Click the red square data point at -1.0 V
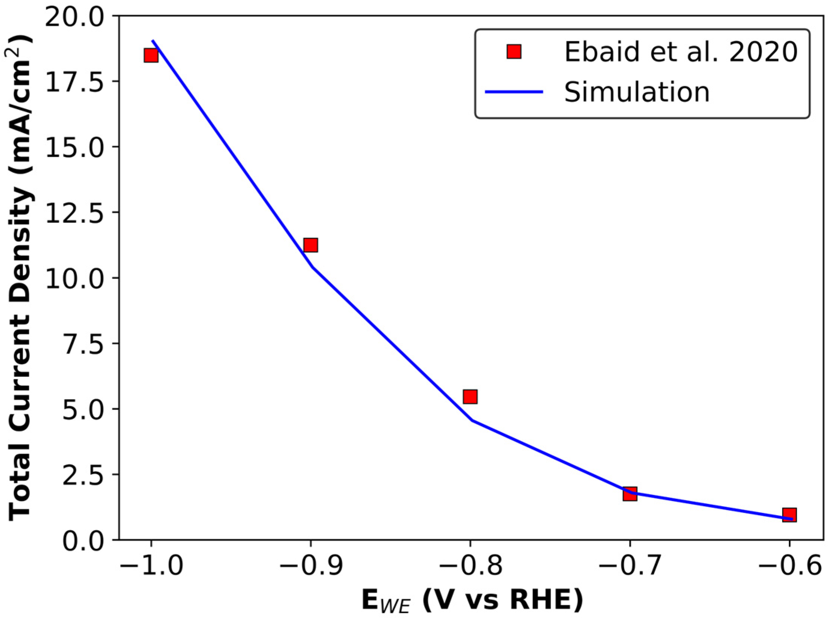(x=151, y=55)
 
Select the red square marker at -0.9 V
(x=310, y=245)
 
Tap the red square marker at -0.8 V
(x=470, y=397)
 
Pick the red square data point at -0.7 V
(x=630, y=494)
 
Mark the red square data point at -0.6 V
(x=789, y=515)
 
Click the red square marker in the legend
(x=514, y=52)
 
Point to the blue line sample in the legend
(x=514, y=92)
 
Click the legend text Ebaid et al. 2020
(x=681, y=52)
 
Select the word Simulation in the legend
(x=637, y=92)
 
